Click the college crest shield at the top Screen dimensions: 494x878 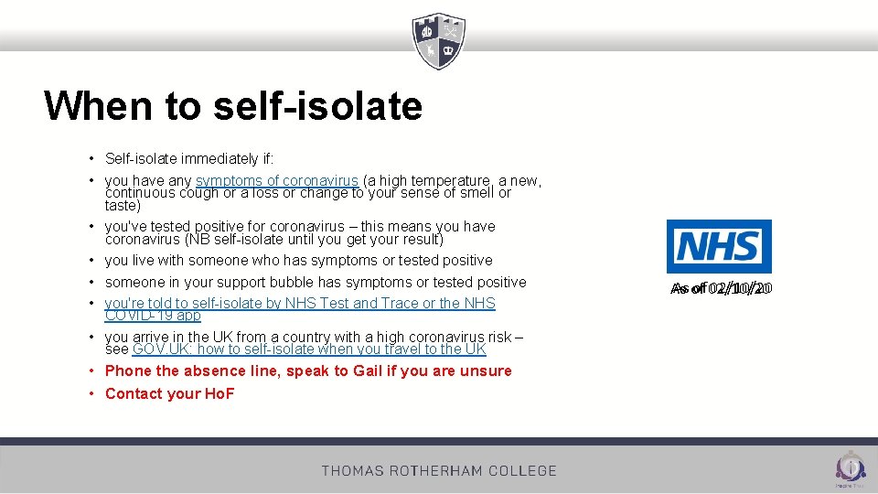coord(439,41)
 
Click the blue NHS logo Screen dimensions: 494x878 coord(719,246)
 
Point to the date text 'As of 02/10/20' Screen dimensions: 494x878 coord(722,289)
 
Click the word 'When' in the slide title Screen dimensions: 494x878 coord(98,106)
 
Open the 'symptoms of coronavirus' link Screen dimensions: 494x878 coord(276,180)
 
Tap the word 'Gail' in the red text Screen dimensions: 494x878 coord(368,370)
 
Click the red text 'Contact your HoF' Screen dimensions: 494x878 coord(170,393)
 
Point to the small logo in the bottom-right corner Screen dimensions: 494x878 coord(851,467)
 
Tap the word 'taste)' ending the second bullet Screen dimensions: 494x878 coord(123,206)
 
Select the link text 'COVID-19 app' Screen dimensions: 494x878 coord(153,315)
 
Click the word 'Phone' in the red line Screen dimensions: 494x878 coord(128,370)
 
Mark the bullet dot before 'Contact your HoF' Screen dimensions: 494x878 coord(92,393)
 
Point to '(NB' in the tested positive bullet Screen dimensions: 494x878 coord(198,239)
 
